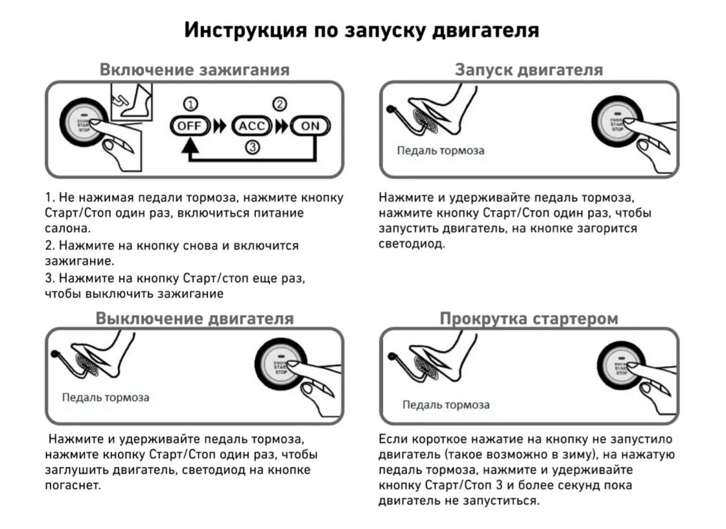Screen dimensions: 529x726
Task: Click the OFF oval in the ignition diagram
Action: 190,125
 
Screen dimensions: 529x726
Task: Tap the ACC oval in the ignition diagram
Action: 252,125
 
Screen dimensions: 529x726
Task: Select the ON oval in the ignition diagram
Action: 311,125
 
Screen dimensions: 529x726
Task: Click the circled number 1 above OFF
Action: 190,104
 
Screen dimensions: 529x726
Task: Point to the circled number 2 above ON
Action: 279,104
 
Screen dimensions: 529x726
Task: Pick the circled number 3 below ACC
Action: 252,148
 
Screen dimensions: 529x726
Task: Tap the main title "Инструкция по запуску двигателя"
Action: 362,30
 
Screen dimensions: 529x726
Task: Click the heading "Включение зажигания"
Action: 194,69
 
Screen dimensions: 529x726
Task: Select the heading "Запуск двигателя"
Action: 528,69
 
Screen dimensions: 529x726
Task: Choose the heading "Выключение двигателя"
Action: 194,318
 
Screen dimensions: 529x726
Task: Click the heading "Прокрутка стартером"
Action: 528,318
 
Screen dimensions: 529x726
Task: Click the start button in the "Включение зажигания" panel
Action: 84,124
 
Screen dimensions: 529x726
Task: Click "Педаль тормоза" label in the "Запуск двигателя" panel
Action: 441,151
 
